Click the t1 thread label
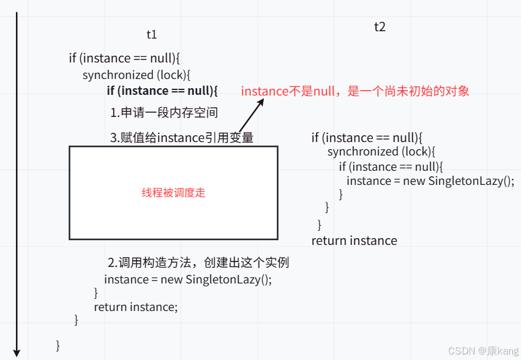pos(152,35)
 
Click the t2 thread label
pos(380,27)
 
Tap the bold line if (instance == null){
pos(162,91)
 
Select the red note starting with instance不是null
pos(355,91)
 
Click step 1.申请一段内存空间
pos(164,113)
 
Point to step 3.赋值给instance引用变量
pos(182,138)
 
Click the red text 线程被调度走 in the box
pos(173,192)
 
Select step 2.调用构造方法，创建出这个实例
pos(198,263)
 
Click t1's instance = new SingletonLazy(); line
pos(187,279)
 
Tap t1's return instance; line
pos(135,307)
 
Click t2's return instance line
pos(354,241)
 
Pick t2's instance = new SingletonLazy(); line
pos(430,181)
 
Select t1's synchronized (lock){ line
pos(137,75)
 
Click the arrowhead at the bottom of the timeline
pos(17,353)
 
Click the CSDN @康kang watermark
pos(483,351)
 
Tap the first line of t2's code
pos(367,138)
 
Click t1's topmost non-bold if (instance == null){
pos(124,58)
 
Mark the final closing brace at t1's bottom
pos(58,345)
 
